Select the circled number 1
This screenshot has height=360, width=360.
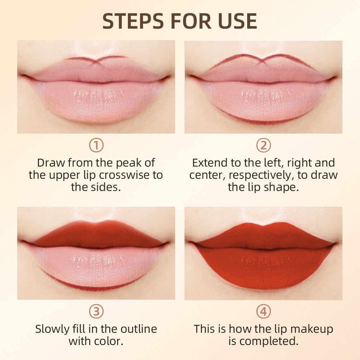(96, 145)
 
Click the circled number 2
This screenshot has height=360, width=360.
(264, 145)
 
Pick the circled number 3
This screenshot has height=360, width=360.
(96, 312)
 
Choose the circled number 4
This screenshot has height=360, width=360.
(264, 312)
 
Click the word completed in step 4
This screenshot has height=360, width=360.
(269, 341)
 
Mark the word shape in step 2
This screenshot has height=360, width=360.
(284, 187)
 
